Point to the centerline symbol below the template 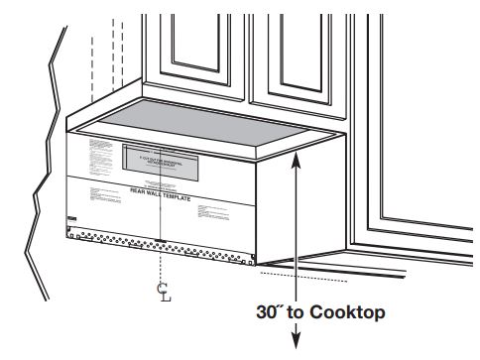coord(162,291)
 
